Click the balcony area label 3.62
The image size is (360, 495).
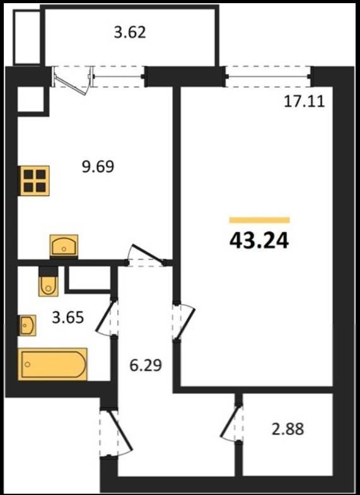130,33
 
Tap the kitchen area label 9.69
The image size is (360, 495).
98,166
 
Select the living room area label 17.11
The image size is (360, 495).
304,102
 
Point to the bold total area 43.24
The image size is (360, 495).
259,241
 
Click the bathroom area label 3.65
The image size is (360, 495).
68,317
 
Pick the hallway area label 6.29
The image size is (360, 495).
146,365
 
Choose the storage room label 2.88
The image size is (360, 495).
287,429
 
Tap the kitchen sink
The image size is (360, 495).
64,245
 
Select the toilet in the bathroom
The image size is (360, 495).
49,282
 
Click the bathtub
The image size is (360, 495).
52,364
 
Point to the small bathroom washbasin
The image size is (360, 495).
27,325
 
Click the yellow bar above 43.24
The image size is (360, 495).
259,220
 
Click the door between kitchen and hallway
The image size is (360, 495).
146,257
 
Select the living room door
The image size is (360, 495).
184,322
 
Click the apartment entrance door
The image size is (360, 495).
115,433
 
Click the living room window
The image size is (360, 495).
269,76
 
